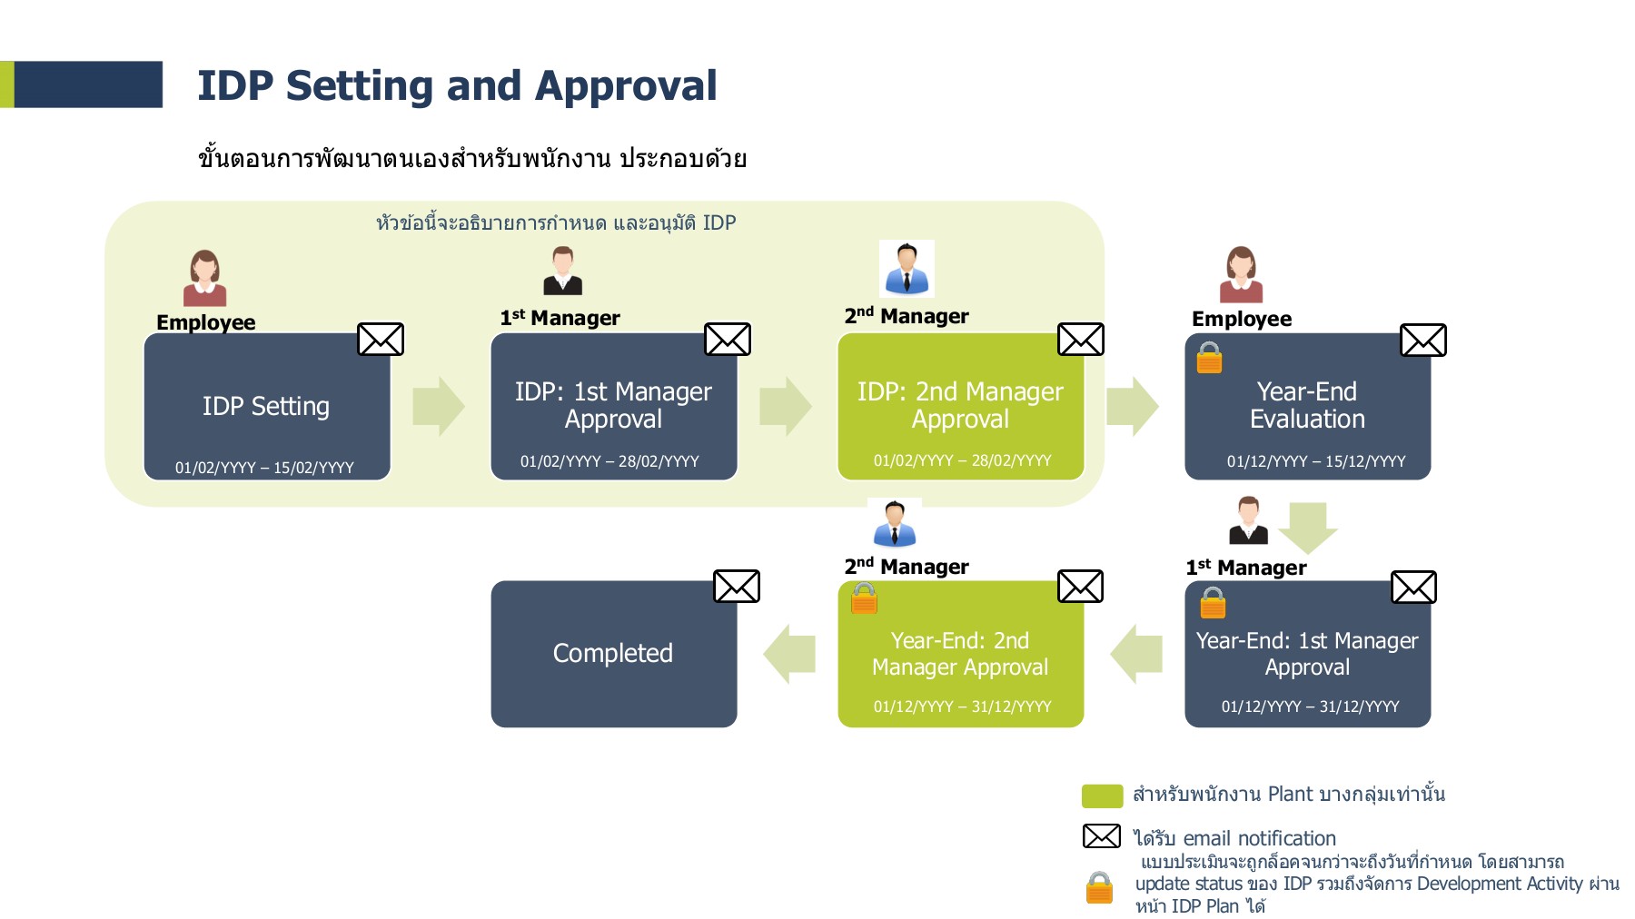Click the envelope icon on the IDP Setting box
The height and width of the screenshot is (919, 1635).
coord(381,340)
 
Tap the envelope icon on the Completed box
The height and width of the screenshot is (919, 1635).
coord(736,587)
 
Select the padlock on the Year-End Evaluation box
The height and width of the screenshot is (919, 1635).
coord(1209,358)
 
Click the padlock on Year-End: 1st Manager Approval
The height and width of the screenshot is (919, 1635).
coord(1213,602)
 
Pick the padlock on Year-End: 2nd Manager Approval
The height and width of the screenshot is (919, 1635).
coord(864,598)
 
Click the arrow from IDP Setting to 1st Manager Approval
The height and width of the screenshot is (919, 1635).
coord(438,406)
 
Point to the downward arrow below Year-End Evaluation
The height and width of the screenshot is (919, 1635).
coord(1308,527)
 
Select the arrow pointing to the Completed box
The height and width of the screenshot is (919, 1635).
coord(789,654)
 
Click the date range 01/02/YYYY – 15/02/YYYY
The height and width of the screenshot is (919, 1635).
coord(264,468)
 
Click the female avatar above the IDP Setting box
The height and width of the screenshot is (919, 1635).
coord(205,278)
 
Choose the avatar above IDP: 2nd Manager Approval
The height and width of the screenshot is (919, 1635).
coord(907,269)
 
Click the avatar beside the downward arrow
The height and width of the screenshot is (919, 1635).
coord(1248,520)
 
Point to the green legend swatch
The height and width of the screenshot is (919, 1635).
coord(1102,795)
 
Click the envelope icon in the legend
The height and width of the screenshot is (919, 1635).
coord(1101,836)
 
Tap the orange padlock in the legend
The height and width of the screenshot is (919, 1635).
coord(1099,887)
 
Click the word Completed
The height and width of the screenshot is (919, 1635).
coord(613,653)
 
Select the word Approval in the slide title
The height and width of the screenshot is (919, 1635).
coord(626,86)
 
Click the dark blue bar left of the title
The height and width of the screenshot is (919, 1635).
coord(88,84)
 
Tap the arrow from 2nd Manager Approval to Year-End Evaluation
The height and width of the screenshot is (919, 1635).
coord(1132,406)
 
